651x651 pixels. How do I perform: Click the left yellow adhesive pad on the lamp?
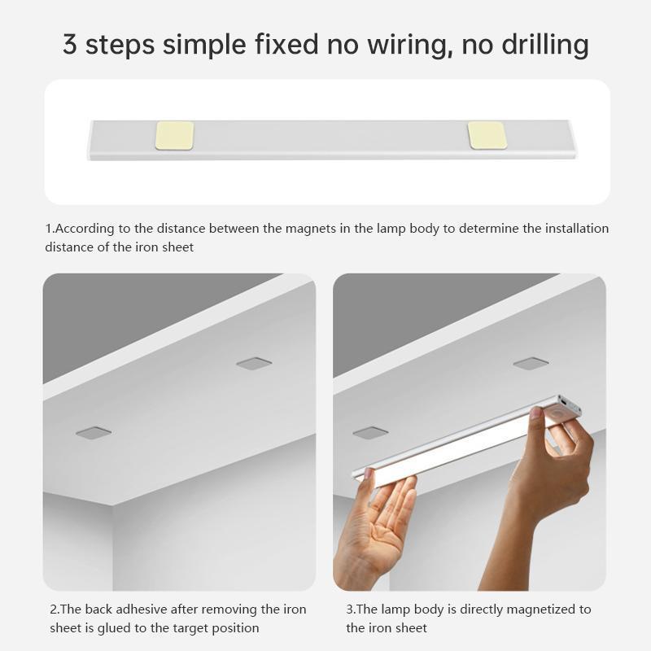174,135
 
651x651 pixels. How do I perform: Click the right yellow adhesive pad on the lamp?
487,135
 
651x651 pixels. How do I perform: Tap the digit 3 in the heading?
70,45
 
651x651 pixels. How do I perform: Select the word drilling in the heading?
545,45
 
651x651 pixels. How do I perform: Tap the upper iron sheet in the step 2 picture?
254,363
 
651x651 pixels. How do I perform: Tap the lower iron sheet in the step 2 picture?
94,433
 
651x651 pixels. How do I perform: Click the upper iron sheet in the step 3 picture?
531,363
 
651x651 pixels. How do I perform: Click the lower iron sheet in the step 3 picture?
370,433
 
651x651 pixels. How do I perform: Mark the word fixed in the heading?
286,45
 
